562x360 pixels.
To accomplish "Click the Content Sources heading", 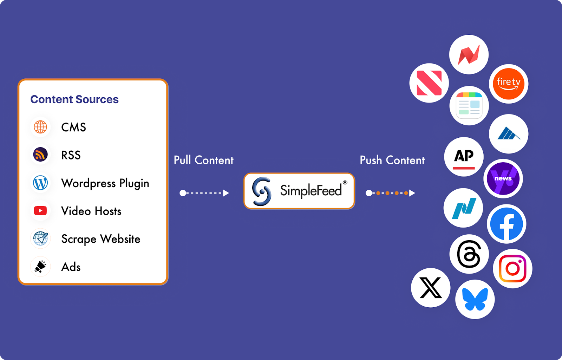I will pyautogui.click(x=74, y=99).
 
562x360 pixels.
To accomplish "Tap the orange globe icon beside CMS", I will pyautogui.click(x=40, y=127).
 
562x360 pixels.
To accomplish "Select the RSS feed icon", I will pyautogui.click(x=40, y=155).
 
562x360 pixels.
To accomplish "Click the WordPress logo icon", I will pyautogui.click(x=40, y=183).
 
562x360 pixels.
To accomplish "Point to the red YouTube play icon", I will pyautogui.click(x=40, y=211).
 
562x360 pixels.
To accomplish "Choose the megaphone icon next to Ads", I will pyautogui.click(x=40, y=267).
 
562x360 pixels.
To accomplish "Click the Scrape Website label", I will pyautogui.click(x=101, y=239).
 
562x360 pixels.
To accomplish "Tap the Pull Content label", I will pyautogui.click(x=203, y=160).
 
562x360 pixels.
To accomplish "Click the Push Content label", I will pyautogui.click(x=392, y=160).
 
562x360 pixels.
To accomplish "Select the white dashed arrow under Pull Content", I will pyautogui.click(x=204, y=193).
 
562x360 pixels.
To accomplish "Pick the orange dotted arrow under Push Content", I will pyautogui.click(x=390, y=193).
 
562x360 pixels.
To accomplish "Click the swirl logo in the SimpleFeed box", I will pyautogui.click(x=262, y=191).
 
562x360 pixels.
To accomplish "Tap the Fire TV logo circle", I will pyautogui.click(x=508, y=84).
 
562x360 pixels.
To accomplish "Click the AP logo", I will pyautogui.click(x=464, y=157).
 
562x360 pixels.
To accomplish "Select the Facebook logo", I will pyautogui.click(x=507, y=224).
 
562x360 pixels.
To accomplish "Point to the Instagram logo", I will pyautogui.click(x=512, y=269).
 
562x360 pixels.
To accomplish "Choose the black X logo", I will pyautogui.click(x=431, y=288).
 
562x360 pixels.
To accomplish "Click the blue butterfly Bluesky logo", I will pyautogui.click(x=475, y=299).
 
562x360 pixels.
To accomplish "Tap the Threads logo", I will pyautogui.click(x=469, y=254).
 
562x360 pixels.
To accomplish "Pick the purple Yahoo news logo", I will pyautogui.click(x=503, y=179).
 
